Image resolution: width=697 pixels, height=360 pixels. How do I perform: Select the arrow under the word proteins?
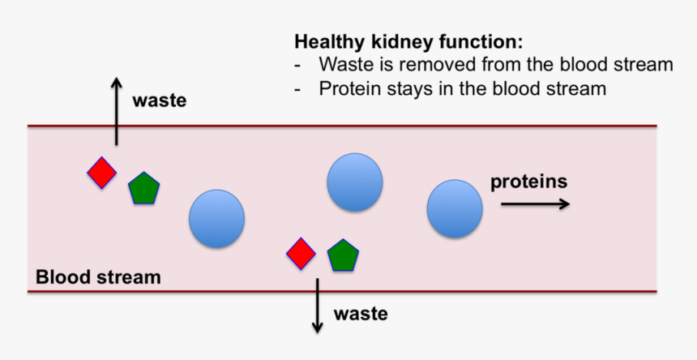click(534, 204)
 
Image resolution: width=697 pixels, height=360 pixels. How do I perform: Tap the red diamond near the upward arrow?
click(101, 173)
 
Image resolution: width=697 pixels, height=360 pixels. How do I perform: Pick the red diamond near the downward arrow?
click(301, 253)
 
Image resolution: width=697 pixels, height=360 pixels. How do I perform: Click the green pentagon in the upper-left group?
click(143, 189)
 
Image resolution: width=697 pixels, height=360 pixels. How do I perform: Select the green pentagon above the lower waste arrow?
click(343, 255)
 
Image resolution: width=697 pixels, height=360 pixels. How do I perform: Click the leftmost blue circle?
click(216, 218)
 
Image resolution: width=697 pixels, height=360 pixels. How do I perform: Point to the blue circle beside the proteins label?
click(455, 209)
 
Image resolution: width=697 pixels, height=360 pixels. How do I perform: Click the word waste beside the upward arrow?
click(160, 101)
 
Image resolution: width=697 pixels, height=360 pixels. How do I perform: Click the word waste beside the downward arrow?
click(361, 312)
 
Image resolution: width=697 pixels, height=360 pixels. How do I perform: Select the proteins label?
click(528, 181)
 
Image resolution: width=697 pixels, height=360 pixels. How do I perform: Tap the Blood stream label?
click(98, 277)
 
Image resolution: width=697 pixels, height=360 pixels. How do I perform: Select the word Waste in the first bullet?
click(344, 65)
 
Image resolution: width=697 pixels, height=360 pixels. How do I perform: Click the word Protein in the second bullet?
click(349, 88)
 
